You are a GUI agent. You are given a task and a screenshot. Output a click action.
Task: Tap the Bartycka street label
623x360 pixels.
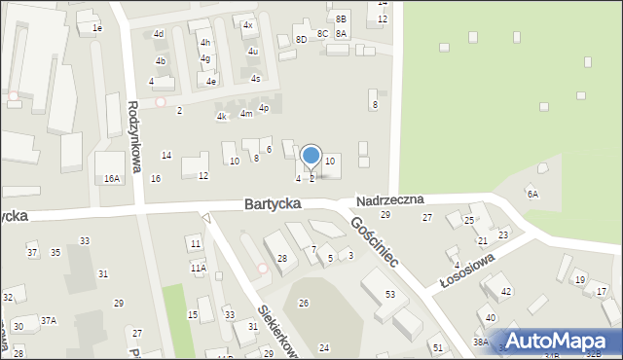tap(272, 204)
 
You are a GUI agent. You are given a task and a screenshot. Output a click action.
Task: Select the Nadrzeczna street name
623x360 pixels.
tap(389, 199)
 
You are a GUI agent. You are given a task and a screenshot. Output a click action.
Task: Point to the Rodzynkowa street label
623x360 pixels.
tap(134, 135)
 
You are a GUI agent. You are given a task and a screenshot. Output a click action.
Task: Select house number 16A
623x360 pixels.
tap(112, 178)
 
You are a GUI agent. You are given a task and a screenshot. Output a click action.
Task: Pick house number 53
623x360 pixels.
tap(390, 294)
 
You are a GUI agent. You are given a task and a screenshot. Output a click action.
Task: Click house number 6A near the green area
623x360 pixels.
tap(532, 194)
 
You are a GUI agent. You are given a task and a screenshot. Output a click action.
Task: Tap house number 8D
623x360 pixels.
tap(301, 39)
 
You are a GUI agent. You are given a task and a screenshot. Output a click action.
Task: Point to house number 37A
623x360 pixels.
tap(48, 320)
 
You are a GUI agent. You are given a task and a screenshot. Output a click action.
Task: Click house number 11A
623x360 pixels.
tap(198, 268)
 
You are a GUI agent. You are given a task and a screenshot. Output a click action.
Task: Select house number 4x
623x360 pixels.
tap(248, 25)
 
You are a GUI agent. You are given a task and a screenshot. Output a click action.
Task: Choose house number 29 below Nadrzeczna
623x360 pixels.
tap(385, 214)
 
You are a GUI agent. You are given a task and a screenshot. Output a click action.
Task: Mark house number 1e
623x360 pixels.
tap(97, 28)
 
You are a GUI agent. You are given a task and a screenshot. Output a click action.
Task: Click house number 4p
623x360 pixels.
tap(264, 108)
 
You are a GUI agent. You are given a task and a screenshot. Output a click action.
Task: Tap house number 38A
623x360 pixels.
tap(480, 342)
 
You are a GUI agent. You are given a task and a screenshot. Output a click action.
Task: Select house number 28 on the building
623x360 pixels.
tap(282, 258)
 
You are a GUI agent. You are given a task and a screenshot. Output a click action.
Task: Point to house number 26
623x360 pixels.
tap(304, 304)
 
